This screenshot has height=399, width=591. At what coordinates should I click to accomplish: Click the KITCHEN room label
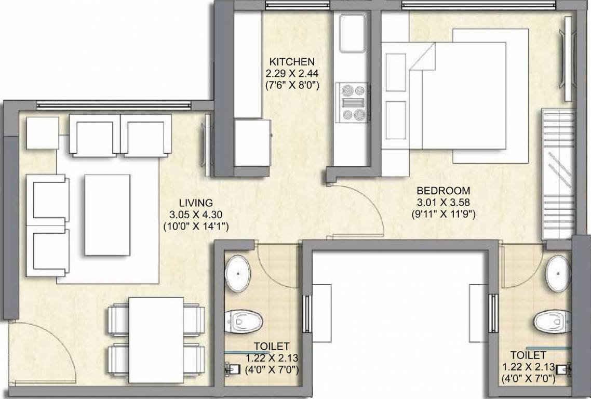point(291,61)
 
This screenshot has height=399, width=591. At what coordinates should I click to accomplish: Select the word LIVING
point(195,203)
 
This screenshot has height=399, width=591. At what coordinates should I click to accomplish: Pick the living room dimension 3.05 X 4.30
point(195,215)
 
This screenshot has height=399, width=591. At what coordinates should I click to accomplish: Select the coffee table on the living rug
point(108,215)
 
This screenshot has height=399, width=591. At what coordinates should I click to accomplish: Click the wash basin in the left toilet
point(238,271)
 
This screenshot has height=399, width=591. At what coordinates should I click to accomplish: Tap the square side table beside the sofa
point(42,133)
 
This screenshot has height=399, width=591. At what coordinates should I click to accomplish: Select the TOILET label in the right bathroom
point(528,355)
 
